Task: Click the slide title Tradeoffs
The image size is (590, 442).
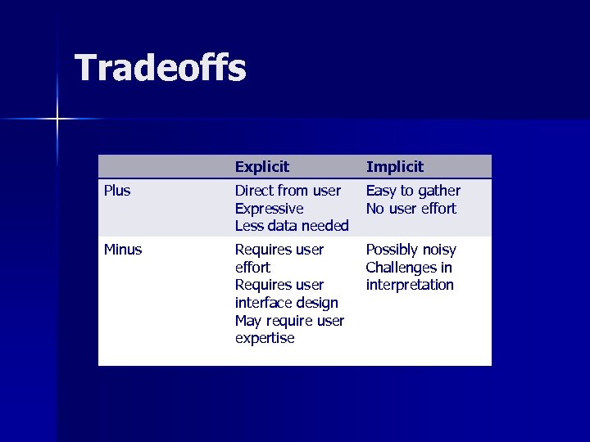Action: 160,68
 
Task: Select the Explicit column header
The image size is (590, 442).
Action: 261,167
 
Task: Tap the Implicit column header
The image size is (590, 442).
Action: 394,167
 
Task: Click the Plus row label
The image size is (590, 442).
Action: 117,191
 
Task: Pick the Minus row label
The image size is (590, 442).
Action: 123,250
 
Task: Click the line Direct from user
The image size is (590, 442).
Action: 288,191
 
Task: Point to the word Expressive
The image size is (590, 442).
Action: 269,209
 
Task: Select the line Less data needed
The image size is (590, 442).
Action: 292,226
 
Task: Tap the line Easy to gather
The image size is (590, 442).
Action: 413,191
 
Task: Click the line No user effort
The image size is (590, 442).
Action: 411,209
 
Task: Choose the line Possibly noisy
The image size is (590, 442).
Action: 411,250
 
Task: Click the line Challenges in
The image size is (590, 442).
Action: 408,268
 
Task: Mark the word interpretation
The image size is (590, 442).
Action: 410,285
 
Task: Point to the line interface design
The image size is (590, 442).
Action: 286,303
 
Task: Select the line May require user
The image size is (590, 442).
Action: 289,321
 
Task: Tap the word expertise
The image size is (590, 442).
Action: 265,338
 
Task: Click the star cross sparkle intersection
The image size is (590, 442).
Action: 58,120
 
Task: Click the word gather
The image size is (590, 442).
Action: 439,192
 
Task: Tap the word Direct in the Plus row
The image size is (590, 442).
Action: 254,191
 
